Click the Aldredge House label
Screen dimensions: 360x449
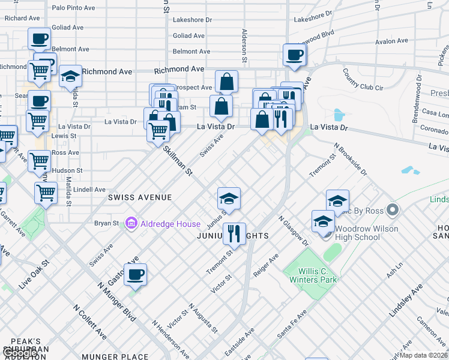pyautogui.click(x=170, y=224)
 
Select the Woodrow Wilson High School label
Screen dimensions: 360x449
pyautogui.click(x=366, y=233)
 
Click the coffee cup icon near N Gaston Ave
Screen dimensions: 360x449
pyautogui.click(x=135, y=275)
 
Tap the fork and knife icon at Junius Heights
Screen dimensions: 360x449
pyautogui.click(x=234, y=234)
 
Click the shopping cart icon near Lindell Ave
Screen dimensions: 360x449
pyautogui.click(x=46, y=193)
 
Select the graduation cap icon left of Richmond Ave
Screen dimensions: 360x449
pyautogui.click(x=70, y=76)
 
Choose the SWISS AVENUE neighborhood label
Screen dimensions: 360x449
pyautogui.click(x=139, y=197)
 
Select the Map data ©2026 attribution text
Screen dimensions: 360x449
pyautogui.click(x=424, y=356)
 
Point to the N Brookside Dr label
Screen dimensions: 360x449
pyautogui.click(x=351, y=159)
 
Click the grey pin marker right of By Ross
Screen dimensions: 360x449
pyautogui.click(x=393, y=210)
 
